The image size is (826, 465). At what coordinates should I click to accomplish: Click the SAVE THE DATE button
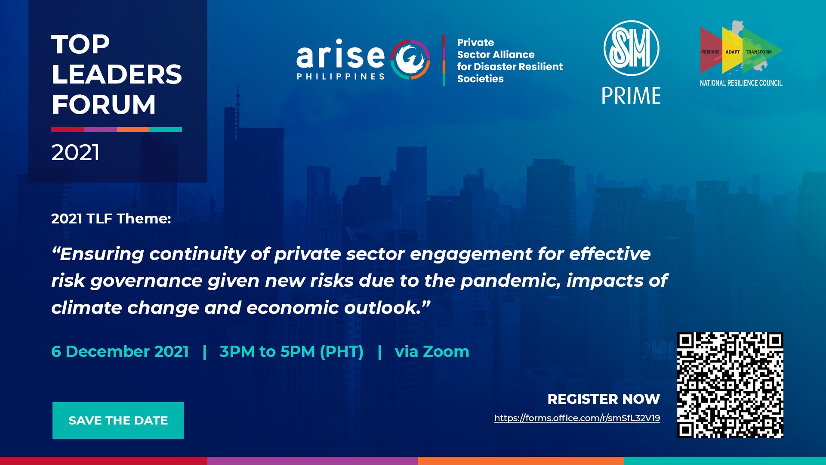tap(118, 420)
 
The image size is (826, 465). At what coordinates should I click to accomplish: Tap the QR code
tap(730, 385)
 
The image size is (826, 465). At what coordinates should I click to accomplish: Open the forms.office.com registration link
tap(577, 418)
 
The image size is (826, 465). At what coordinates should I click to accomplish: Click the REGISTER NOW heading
tap(604, 399)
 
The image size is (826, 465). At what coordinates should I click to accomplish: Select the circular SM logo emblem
tap(631, 48)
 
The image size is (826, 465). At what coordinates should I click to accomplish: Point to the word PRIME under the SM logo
tap(631, 96)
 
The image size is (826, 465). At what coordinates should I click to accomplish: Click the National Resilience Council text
tap(741, 83)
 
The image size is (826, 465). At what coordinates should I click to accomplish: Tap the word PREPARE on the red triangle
tap(710, 52)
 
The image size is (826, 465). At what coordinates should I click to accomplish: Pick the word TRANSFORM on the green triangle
tap(759, 52)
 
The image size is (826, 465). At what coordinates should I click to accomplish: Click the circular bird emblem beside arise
tap(410, 59)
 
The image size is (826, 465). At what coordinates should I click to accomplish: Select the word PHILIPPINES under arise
tap(340, 77)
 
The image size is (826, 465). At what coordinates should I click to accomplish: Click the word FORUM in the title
tap(103, 104)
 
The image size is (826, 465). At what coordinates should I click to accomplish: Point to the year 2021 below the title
tap(75, 152)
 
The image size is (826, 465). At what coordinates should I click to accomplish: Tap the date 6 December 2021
tap(120, 351)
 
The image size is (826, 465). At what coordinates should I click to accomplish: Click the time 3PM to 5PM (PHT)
tap(291, 351)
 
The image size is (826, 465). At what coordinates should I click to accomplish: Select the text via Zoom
tap(432, 351)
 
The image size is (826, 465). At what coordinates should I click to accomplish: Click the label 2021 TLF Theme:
tap(111, 219)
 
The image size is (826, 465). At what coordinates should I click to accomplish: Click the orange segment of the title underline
tap(133, 129)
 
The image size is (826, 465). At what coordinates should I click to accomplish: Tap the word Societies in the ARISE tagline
tap(480, 79)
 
